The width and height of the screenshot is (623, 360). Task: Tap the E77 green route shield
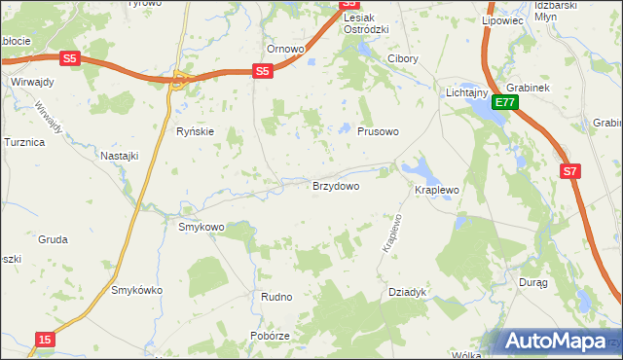pos(503,101)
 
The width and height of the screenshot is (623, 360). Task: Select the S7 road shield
pos(571,171)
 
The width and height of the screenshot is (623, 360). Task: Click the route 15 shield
pos(45,339)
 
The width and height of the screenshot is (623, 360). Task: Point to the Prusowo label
pos(378,131)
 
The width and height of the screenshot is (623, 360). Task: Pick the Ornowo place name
pos(286,49)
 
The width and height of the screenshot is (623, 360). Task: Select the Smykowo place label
pos(202,227)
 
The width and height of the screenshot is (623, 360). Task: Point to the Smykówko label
pos(137,290)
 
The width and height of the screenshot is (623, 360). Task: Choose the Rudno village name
pos(276,297)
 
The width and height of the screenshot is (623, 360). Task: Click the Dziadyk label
pos(408,291)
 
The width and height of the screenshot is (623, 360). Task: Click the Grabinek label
pos(529,87)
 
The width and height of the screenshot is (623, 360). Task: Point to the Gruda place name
pos(53,238)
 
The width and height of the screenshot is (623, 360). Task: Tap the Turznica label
pos(24,142)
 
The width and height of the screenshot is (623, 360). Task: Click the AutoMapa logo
pos(558,342)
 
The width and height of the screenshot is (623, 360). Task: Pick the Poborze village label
pos(269,336)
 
